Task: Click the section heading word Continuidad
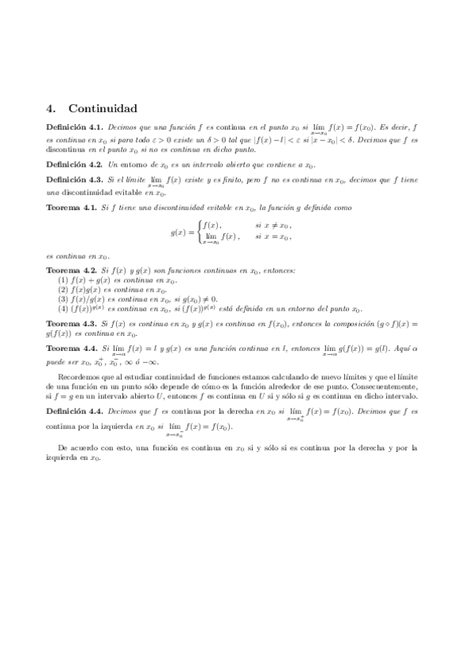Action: point(103,108)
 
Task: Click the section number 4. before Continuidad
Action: point(52,108)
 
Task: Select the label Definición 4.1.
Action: point(74,126)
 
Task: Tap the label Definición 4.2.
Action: point(74,164)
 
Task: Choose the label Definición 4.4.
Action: point(74,412)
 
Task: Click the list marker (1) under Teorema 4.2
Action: point(64,280)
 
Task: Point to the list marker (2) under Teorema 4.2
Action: point(64,290)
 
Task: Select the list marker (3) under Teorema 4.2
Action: point(64,299)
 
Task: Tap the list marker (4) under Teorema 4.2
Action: point(64,309)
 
